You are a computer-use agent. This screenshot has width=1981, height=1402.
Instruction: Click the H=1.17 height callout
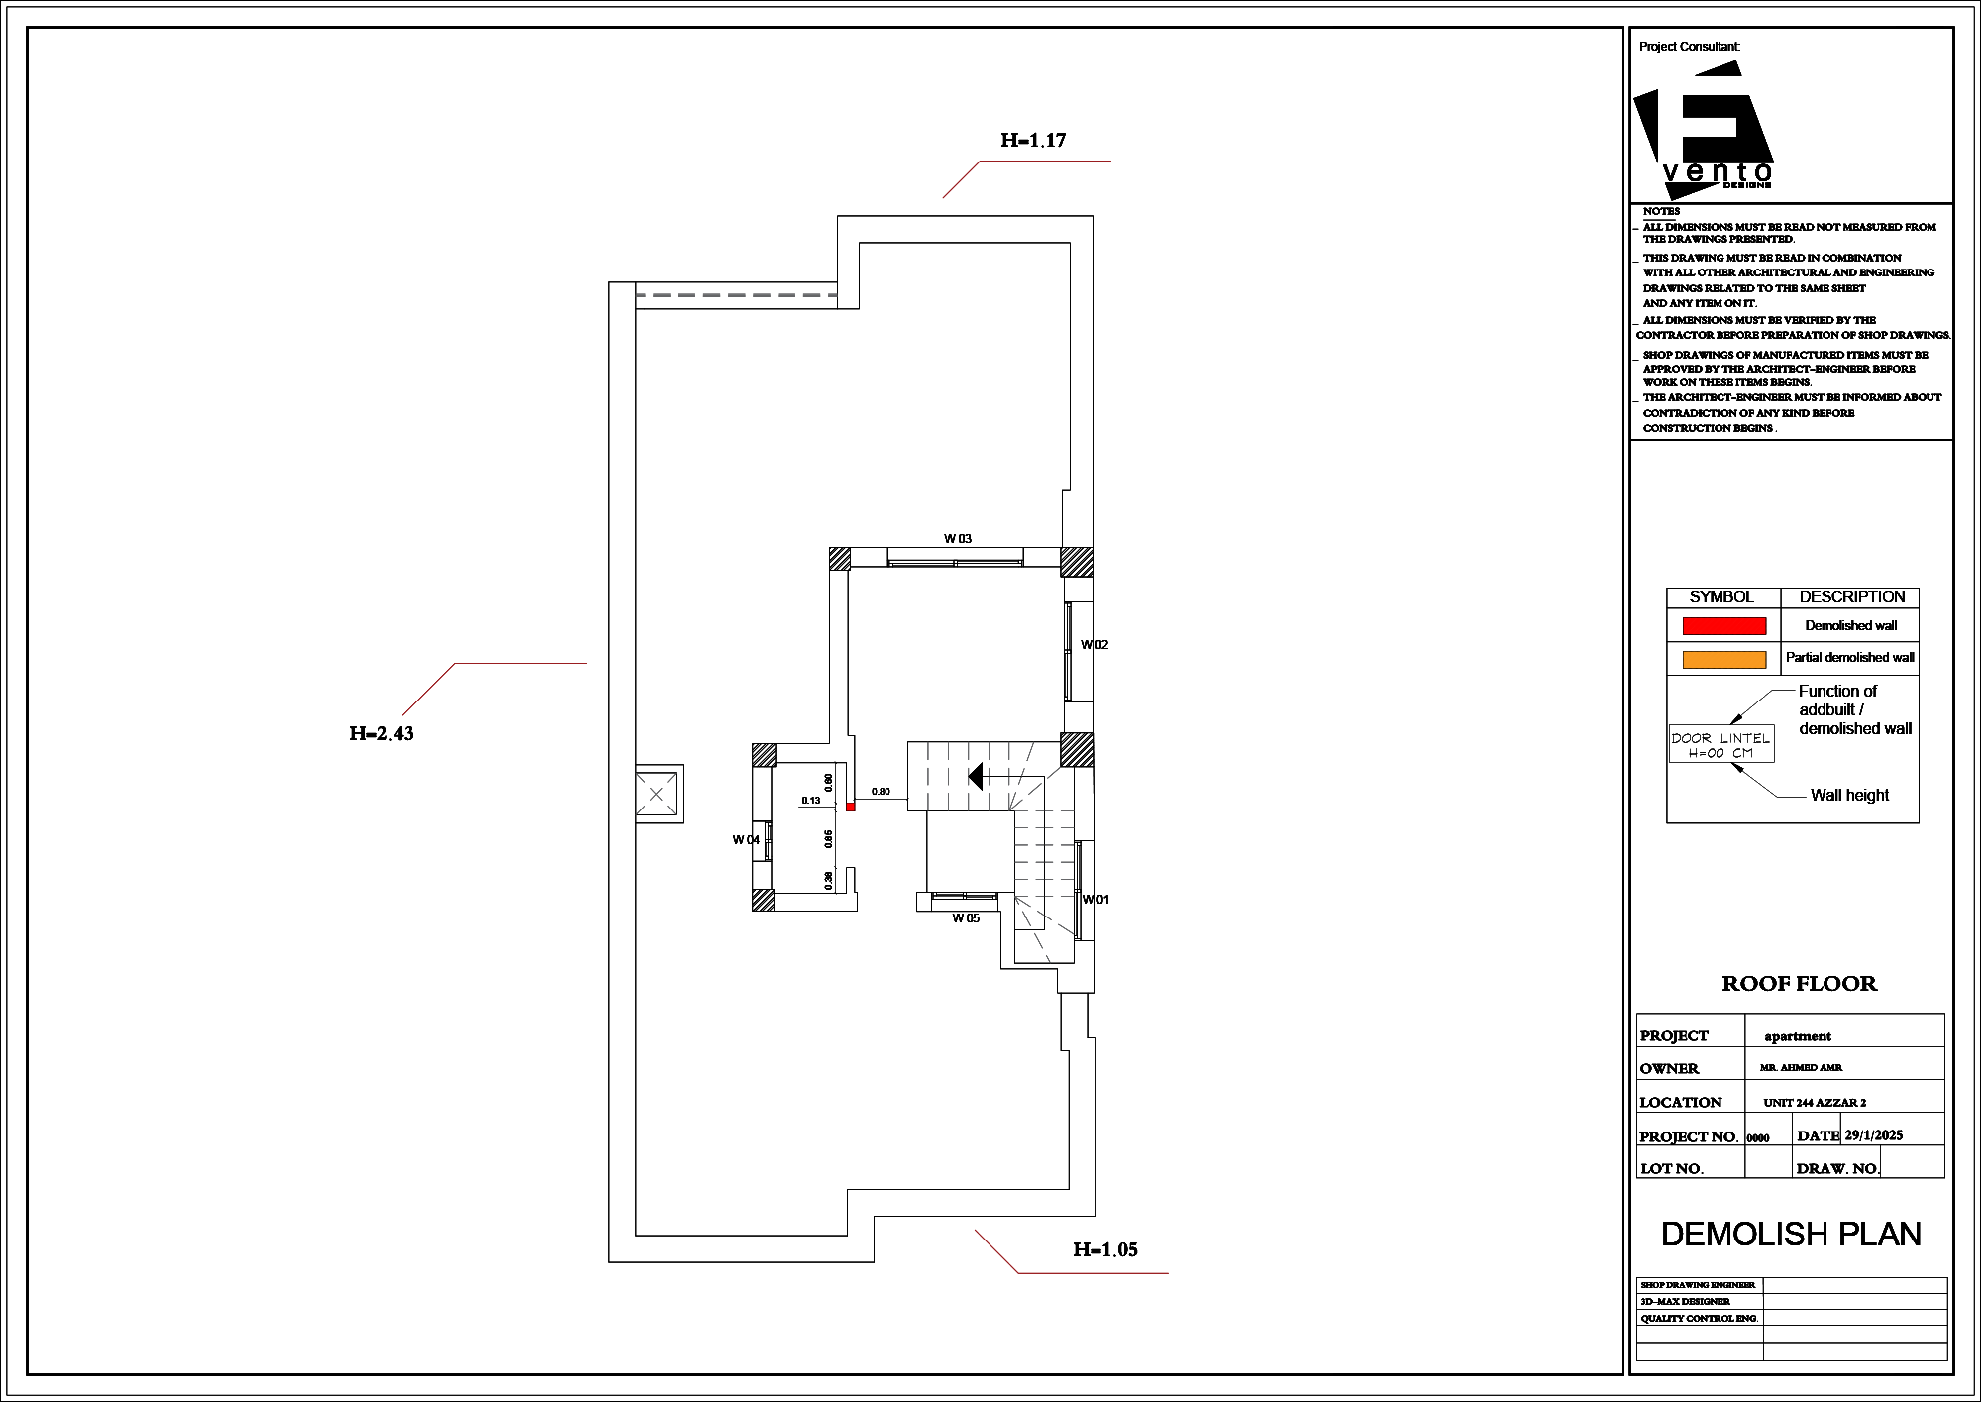[1033, 141]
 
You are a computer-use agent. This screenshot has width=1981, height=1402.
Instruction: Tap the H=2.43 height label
[381, 734]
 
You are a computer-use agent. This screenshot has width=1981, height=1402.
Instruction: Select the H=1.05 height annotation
[1105, 1250]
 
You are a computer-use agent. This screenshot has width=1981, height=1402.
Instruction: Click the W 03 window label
[958, 539]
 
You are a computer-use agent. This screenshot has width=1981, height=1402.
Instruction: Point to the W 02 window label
[1095, 645]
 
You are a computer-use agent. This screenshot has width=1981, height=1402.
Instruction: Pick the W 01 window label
[1095, 900]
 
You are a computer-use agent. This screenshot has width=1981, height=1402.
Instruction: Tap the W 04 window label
[746, 840]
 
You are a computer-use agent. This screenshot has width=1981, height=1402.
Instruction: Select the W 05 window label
[966, 918]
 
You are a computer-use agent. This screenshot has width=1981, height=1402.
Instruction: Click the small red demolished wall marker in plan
[851, 808]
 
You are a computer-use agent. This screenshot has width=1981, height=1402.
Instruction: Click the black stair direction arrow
[975, 776]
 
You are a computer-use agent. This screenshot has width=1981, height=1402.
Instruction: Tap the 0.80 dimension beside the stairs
[881, 792]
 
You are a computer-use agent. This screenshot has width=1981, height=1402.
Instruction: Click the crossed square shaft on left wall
[657, 794]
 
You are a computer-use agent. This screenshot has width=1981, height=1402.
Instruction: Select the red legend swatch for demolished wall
[1724, 626]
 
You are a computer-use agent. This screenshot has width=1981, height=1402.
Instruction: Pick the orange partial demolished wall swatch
[1724, 659]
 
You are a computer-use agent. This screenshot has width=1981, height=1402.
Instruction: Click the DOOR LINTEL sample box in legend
[1721, 745]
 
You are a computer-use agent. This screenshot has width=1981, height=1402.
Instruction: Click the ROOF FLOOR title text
[1799, 984]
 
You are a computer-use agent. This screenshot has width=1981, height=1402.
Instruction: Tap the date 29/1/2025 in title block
[1873, 1135]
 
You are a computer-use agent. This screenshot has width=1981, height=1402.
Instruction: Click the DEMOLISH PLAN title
[1791, 1234]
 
